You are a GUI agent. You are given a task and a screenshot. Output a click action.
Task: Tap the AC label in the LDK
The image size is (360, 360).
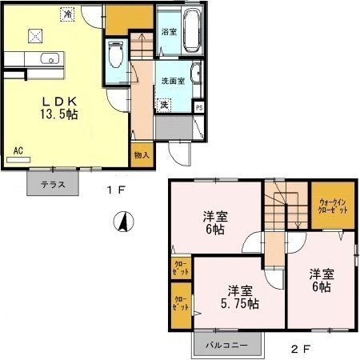pos(18,149)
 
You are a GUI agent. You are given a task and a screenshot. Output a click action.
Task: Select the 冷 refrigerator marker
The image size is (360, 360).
pos(70,14)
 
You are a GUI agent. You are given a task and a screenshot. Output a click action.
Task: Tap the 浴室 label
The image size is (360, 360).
pos(168,32)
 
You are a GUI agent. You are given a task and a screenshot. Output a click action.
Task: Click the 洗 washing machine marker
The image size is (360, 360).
pos(163,104)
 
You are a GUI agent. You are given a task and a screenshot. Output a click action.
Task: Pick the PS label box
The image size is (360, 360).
pos(199,108)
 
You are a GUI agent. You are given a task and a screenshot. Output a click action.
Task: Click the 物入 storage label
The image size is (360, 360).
pos(142,154)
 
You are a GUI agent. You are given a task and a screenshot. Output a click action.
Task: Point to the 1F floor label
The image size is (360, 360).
pos(114,190)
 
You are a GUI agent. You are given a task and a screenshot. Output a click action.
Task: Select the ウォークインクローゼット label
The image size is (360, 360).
pos(333,206)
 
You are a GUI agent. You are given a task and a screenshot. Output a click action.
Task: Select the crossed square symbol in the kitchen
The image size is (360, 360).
pos(34,34)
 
